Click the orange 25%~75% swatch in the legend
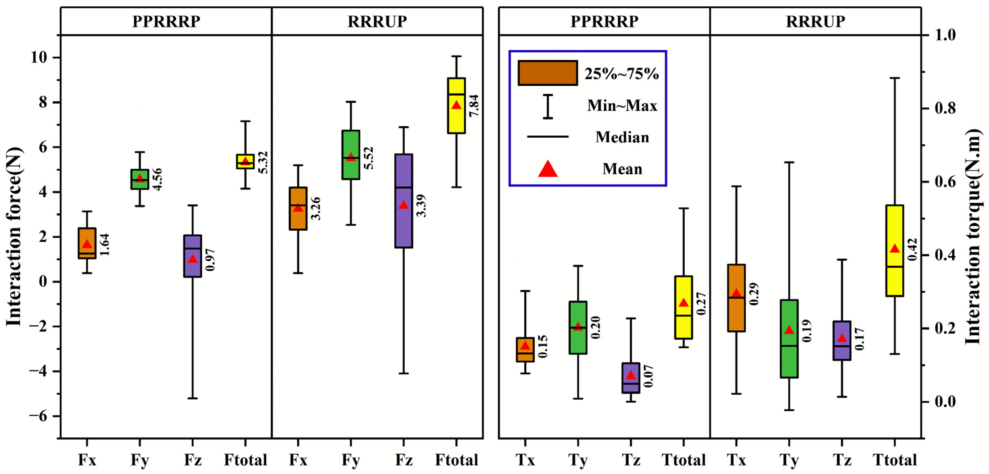tap(548, 73)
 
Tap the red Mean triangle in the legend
tap(548, 169)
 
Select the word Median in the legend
tap(622, 137)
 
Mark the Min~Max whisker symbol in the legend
tap(548, 106)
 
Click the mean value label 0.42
tap(912, 249)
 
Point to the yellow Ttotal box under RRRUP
tap(895, 269)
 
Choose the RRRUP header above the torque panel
tap(816, 21)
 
